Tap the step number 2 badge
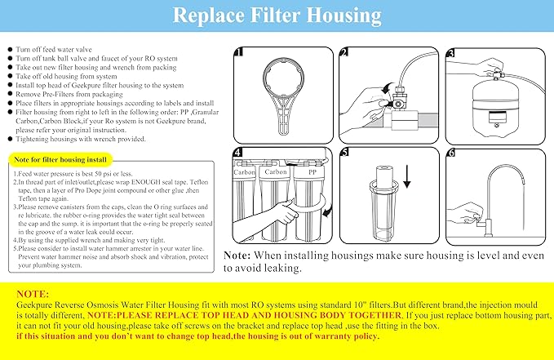pos(344,54)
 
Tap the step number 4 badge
pos(237,153)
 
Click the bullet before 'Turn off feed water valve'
pos(9,50)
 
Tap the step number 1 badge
pos(237,54)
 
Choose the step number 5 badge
pos(343,153)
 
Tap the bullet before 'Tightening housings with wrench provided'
pos(9,137)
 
